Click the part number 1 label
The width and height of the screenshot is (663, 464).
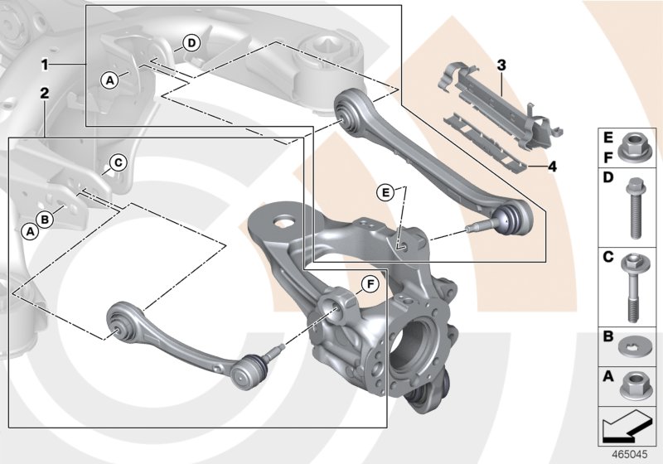pos(46,63)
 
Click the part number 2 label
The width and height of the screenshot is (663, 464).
pos(46,94)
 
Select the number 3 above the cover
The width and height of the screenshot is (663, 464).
pos(501,64)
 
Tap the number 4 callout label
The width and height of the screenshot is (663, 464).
pos(552,167)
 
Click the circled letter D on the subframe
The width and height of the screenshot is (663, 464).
pos(191,42)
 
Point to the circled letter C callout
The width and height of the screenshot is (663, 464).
pos(118,162)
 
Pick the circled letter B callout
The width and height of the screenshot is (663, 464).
pos(46,218)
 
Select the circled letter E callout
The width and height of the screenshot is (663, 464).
pos(384,192)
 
